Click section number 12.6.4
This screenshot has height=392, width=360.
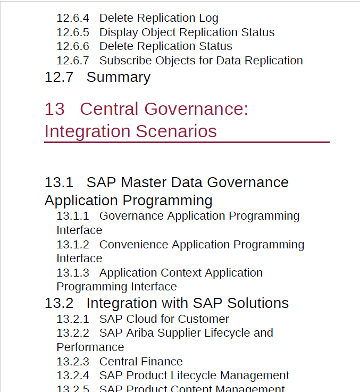[73, 18]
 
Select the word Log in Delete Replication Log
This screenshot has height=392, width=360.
[209, 19]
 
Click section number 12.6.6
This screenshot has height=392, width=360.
[73, 46]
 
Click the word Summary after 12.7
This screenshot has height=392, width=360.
[119, 77]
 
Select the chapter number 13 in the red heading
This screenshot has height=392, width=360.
[54, 109]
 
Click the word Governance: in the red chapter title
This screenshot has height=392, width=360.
[196, 109]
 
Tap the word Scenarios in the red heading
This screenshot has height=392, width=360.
[176, 131]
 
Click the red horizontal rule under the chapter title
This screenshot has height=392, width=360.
[187, 142]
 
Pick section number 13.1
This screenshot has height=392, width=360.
[59, 182]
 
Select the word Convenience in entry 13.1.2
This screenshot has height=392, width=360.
[134, 245]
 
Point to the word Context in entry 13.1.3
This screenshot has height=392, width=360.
[181, 273]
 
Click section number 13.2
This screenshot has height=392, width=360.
[59, 303]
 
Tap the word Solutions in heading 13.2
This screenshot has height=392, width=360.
[258, 303]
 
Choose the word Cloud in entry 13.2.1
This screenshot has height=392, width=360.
[142, 319]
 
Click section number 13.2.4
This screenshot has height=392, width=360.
[73, 376]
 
